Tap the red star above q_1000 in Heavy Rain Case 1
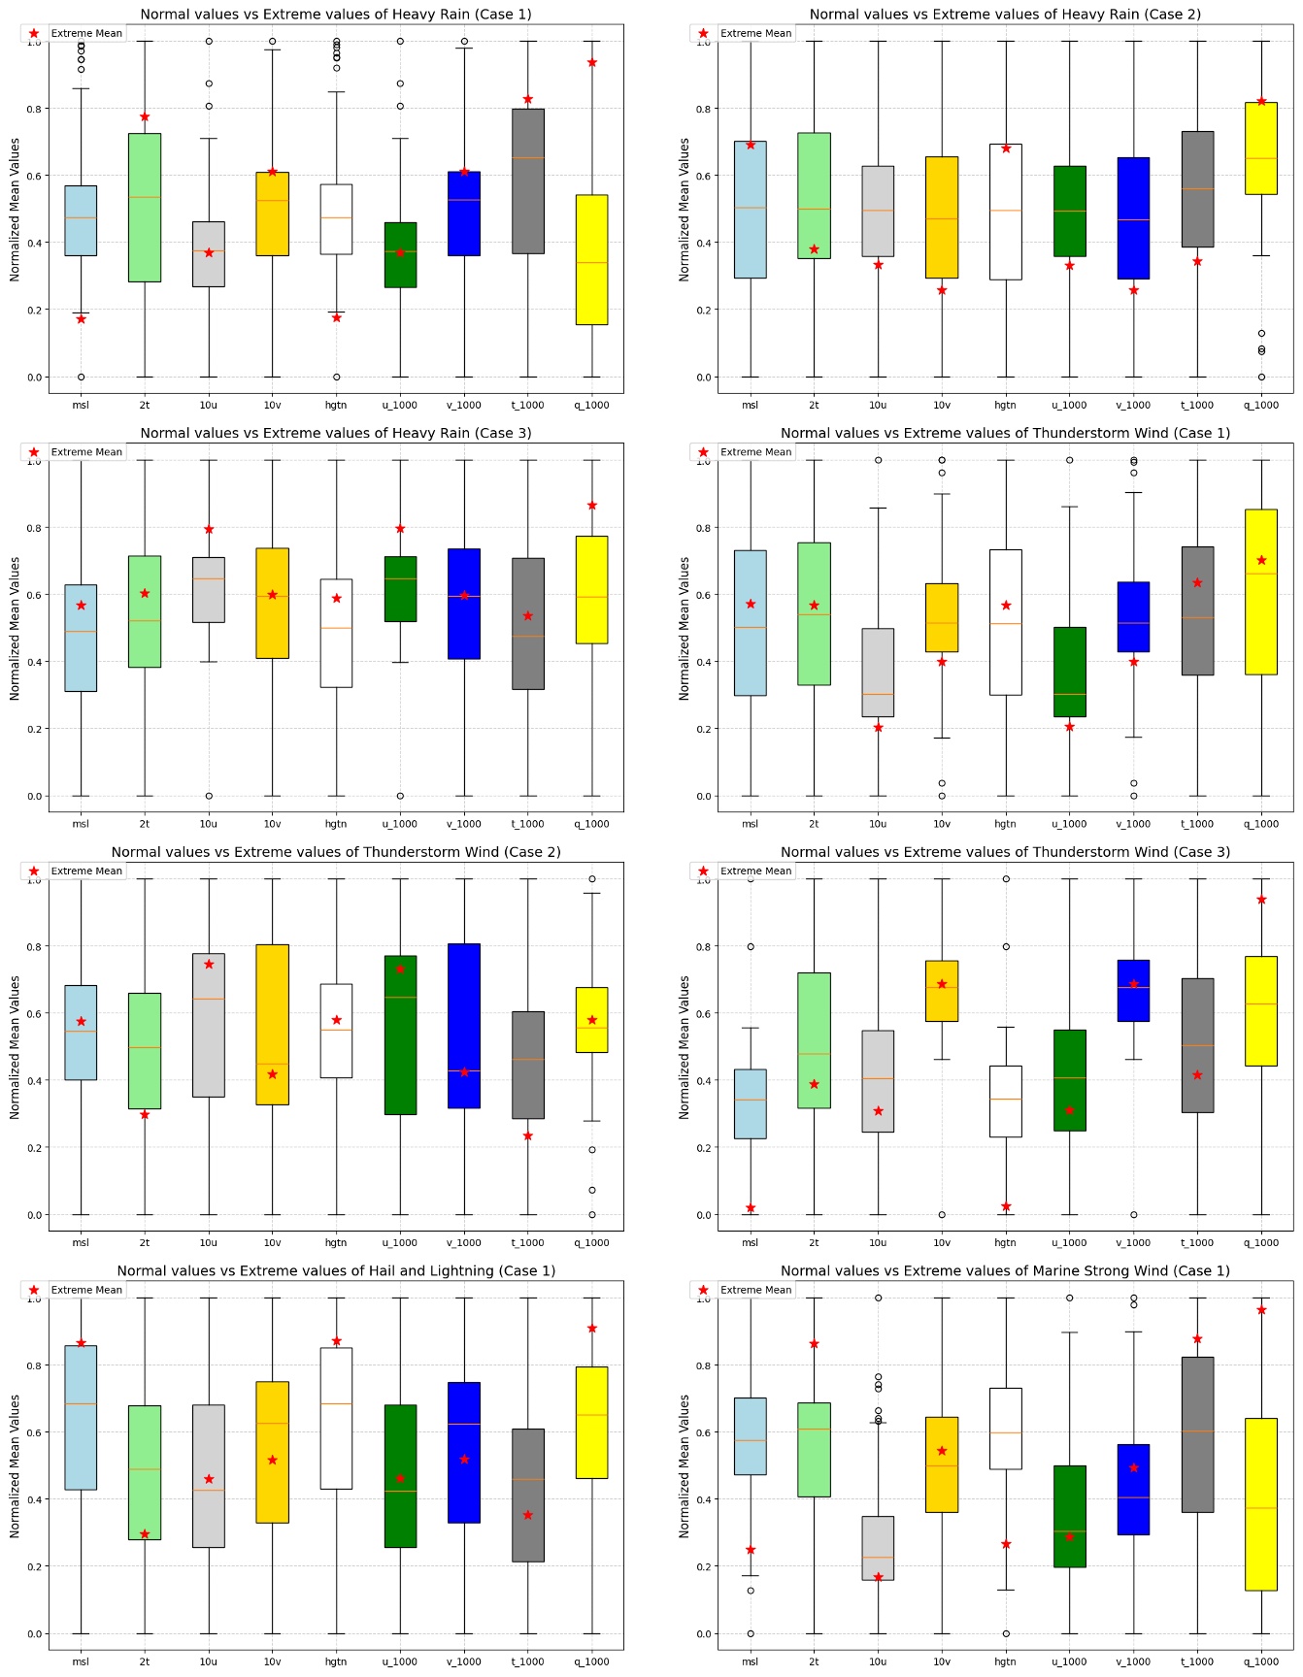[x=591, y=62]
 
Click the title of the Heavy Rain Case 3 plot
[x=335, y=433]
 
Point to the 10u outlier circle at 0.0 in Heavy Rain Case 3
[x=209, y=796]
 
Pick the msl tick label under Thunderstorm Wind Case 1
[x=750, y=824]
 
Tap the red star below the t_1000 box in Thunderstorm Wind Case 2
[x=528, y=1135]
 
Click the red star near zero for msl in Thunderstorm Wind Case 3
[x=751, y=1208]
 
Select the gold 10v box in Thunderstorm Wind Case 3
[x=942, y=991]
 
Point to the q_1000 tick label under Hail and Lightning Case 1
[x=591, y=1661]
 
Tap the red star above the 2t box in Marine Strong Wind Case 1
[x=814, y=1344]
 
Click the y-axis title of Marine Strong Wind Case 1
[x=684, y=1465]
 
